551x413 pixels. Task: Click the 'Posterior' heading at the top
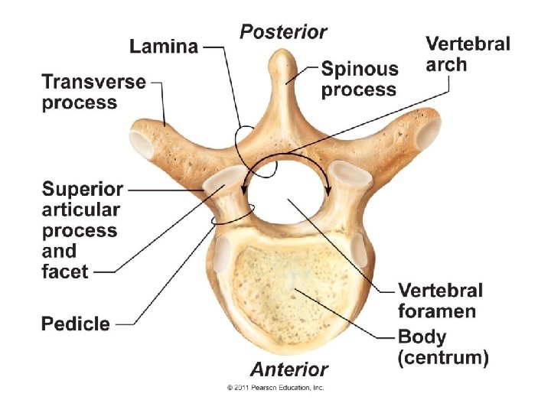point(283,32)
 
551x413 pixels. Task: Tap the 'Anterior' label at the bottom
point(289,369)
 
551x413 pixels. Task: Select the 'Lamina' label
point(163,47)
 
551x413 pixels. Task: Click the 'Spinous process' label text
point(359,80)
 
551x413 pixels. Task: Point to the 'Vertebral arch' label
point(467,54)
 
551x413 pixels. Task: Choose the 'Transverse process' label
point(93,92)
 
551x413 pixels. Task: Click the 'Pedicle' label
point(75,324)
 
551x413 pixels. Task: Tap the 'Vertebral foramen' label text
point(440,301)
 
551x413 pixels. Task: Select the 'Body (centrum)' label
point(442,346)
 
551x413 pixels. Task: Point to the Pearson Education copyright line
point(275,388)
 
